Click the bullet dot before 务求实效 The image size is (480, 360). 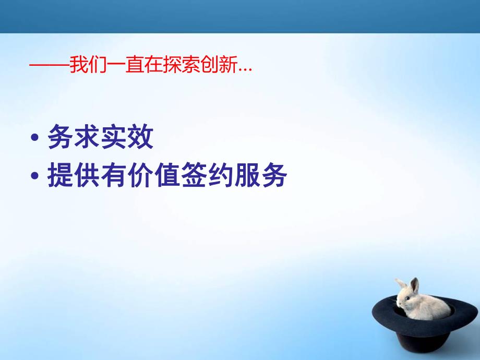[35, 139]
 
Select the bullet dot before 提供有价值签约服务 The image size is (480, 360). [35, 177]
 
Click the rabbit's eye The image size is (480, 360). [407, 298]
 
